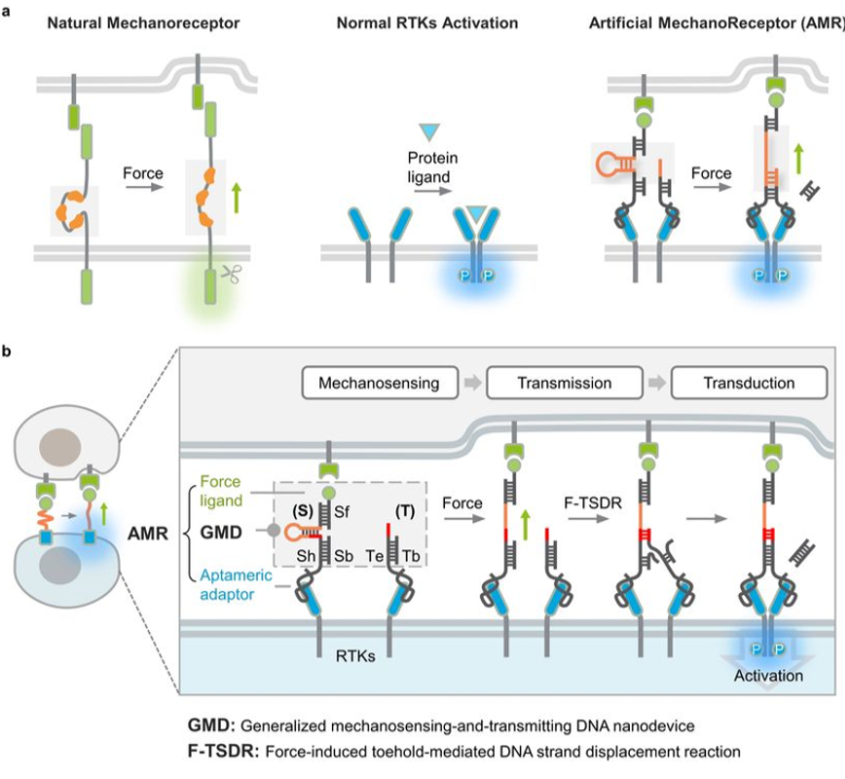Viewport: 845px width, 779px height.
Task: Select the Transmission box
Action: (x=548, y=384)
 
